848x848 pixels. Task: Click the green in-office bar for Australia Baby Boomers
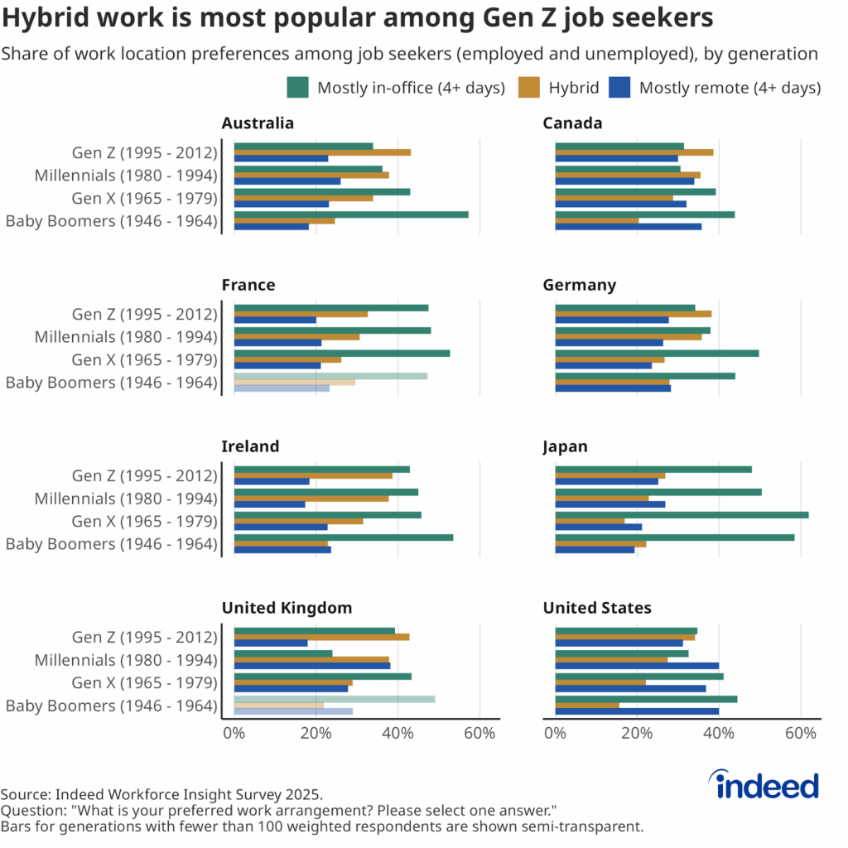point(351,214)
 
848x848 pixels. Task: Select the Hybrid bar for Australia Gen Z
point(322,152)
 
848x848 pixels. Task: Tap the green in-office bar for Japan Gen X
point(681,515)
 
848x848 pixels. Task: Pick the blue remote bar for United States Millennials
point(636,666)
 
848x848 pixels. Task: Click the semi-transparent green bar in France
point(330,376)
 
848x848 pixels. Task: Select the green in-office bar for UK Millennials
point(283,653)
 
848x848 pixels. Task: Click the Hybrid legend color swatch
point(528,88)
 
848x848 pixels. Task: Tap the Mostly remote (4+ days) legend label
point(730,88)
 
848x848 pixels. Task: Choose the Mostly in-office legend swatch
point(297,88)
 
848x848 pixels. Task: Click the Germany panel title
point(579,285)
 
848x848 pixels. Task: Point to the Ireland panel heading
point(250,446)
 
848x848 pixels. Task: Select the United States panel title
point(596,608)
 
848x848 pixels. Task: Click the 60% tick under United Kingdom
point(479,734)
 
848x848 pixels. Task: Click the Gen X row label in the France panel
point(144,360)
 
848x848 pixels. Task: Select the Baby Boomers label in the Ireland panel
point(111,544)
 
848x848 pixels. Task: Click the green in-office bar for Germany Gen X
point(656,354)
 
